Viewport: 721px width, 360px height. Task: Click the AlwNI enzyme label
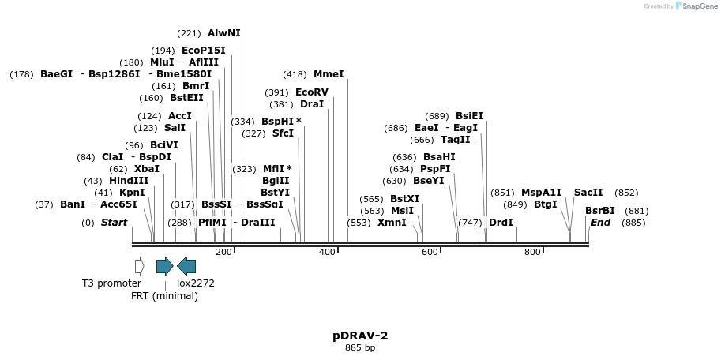click(x=223, y=33)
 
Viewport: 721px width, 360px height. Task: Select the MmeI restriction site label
click(x=329, y=74)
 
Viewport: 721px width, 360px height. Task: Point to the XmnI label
click(x=392, y=223)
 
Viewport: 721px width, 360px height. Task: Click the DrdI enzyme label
click(x=501, y=223)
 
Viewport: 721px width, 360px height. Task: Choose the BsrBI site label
click(x=599, y=211)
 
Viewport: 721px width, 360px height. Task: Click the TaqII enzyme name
click(x=455, y=140)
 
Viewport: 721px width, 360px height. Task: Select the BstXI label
click(x=404, y=199)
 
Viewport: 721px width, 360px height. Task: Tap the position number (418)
click(x=295, y=74)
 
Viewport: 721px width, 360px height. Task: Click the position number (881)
click(x=637, y=211)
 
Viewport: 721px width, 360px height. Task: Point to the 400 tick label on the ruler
click(x=327, y=252)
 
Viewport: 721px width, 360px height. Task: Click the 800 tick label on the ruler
click(x=532, y=252)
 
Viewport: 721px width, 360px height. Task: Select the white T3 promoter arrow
click(x=140, y=266)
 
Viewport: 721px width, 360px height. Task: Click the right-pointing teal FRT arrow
click(x=164, y=266)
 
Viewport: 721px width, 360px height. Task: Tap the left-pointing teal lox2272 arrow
click(x=186, y=266)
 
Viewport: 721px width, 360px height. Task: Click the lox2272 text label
click(x=195, y=283)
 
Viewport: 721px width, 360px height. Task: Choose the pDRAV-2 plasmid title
click(x=360, y=336)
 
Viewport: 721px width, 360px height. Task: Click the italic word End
click(x=600, y=223)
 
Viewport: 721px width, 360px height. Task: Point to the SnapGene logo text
click(x=696, y=6)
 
